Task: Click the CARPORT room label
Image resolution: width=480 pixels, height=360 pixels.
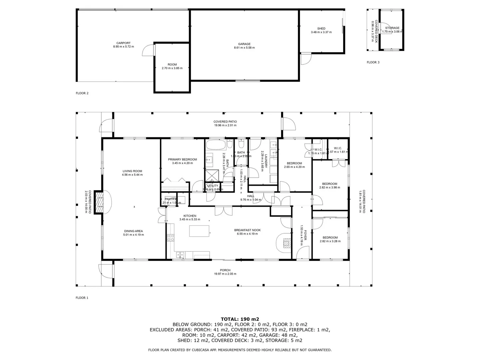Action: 123,43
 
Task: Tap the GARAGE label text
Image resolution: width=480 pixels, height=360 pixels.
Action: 244,44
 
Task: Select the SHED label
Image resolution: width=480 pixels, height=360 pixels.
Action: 321,29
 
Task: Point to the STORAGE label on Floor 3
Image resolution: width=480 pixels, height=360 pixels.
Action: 392,28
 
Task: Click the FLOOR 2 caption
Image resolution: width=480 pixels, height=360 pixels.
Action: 82,93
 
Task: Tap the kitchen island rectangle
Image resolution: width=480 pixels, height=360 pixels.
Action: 199,231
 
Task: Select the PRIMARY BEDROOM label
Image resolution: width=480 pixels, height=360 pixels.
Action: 182,159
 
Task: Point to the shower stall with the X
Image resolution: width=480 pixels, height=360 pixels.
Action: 211,175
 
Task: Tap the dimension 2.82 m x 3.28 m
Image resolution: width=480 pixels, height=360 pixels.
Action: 330,241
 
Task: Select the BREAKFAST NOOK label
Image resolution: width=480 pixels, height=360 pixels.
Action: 247,230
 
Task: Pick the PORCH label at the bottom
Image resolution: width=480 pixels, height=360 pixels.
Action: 225,270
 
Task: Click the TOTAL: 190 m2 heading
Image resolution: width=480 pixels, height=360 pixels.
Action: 240,319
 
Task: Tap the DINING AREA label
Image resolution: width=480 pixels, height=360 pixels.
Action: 133,231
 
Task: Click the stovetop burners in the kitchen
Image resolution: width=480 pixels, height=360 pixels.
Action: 170,238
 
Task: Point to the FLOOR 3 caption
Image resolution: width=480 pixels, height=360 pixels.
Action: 373,62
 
